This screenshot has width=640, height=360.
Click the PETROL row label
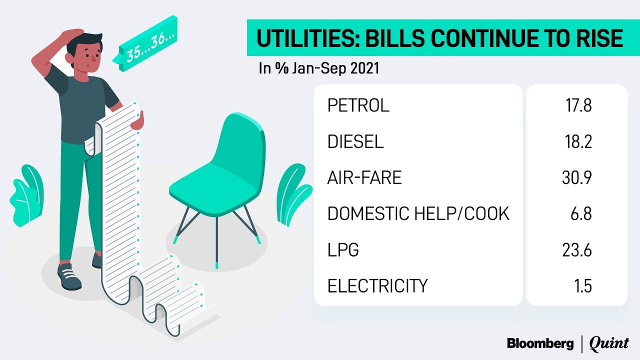[358, 105]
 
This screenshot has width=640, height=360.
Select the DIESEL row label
[355, 141]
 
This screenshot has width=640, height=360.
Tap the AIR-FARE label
[364, 177]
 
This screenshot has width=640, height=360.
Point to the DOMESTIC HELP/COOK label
[418, 213]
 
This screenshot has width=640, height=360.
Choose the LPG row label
[343, 249]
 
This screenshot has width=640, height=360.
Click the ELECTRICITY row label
[377, 285]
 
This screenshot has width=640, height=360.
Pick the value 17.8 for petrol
[578, 105]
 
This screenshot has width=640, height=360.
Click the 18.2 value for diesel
[578, 141]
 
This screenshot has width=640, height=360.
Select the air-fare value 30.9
[577, 177]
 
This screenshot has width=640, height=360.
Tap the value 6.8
[581, 213]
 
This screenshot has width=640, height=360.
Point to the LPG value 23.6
[577, 249]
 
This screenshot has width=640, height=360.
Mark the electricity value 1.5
[583, 285]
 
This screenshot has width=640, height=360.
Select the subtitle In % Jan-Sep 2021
[319, 68]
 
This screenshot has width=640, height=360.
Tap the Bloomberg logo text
[540, 343]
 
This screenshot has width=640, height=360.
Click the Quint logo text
[609, 343]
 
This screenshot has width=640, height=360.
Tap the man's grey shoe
[69, 275]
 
